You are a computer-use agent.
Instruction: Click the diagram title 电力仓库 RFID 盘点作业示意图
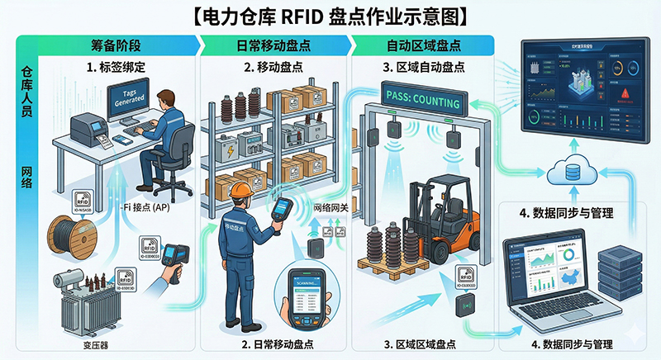click(330, 15)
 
